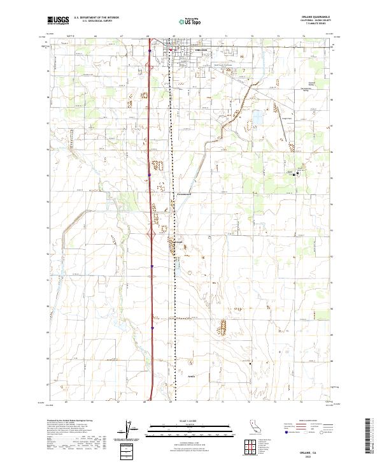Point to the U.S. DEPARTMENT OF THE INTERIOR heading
tap(101, 17)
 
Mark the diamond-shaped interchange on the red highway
tap(152, 235)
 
